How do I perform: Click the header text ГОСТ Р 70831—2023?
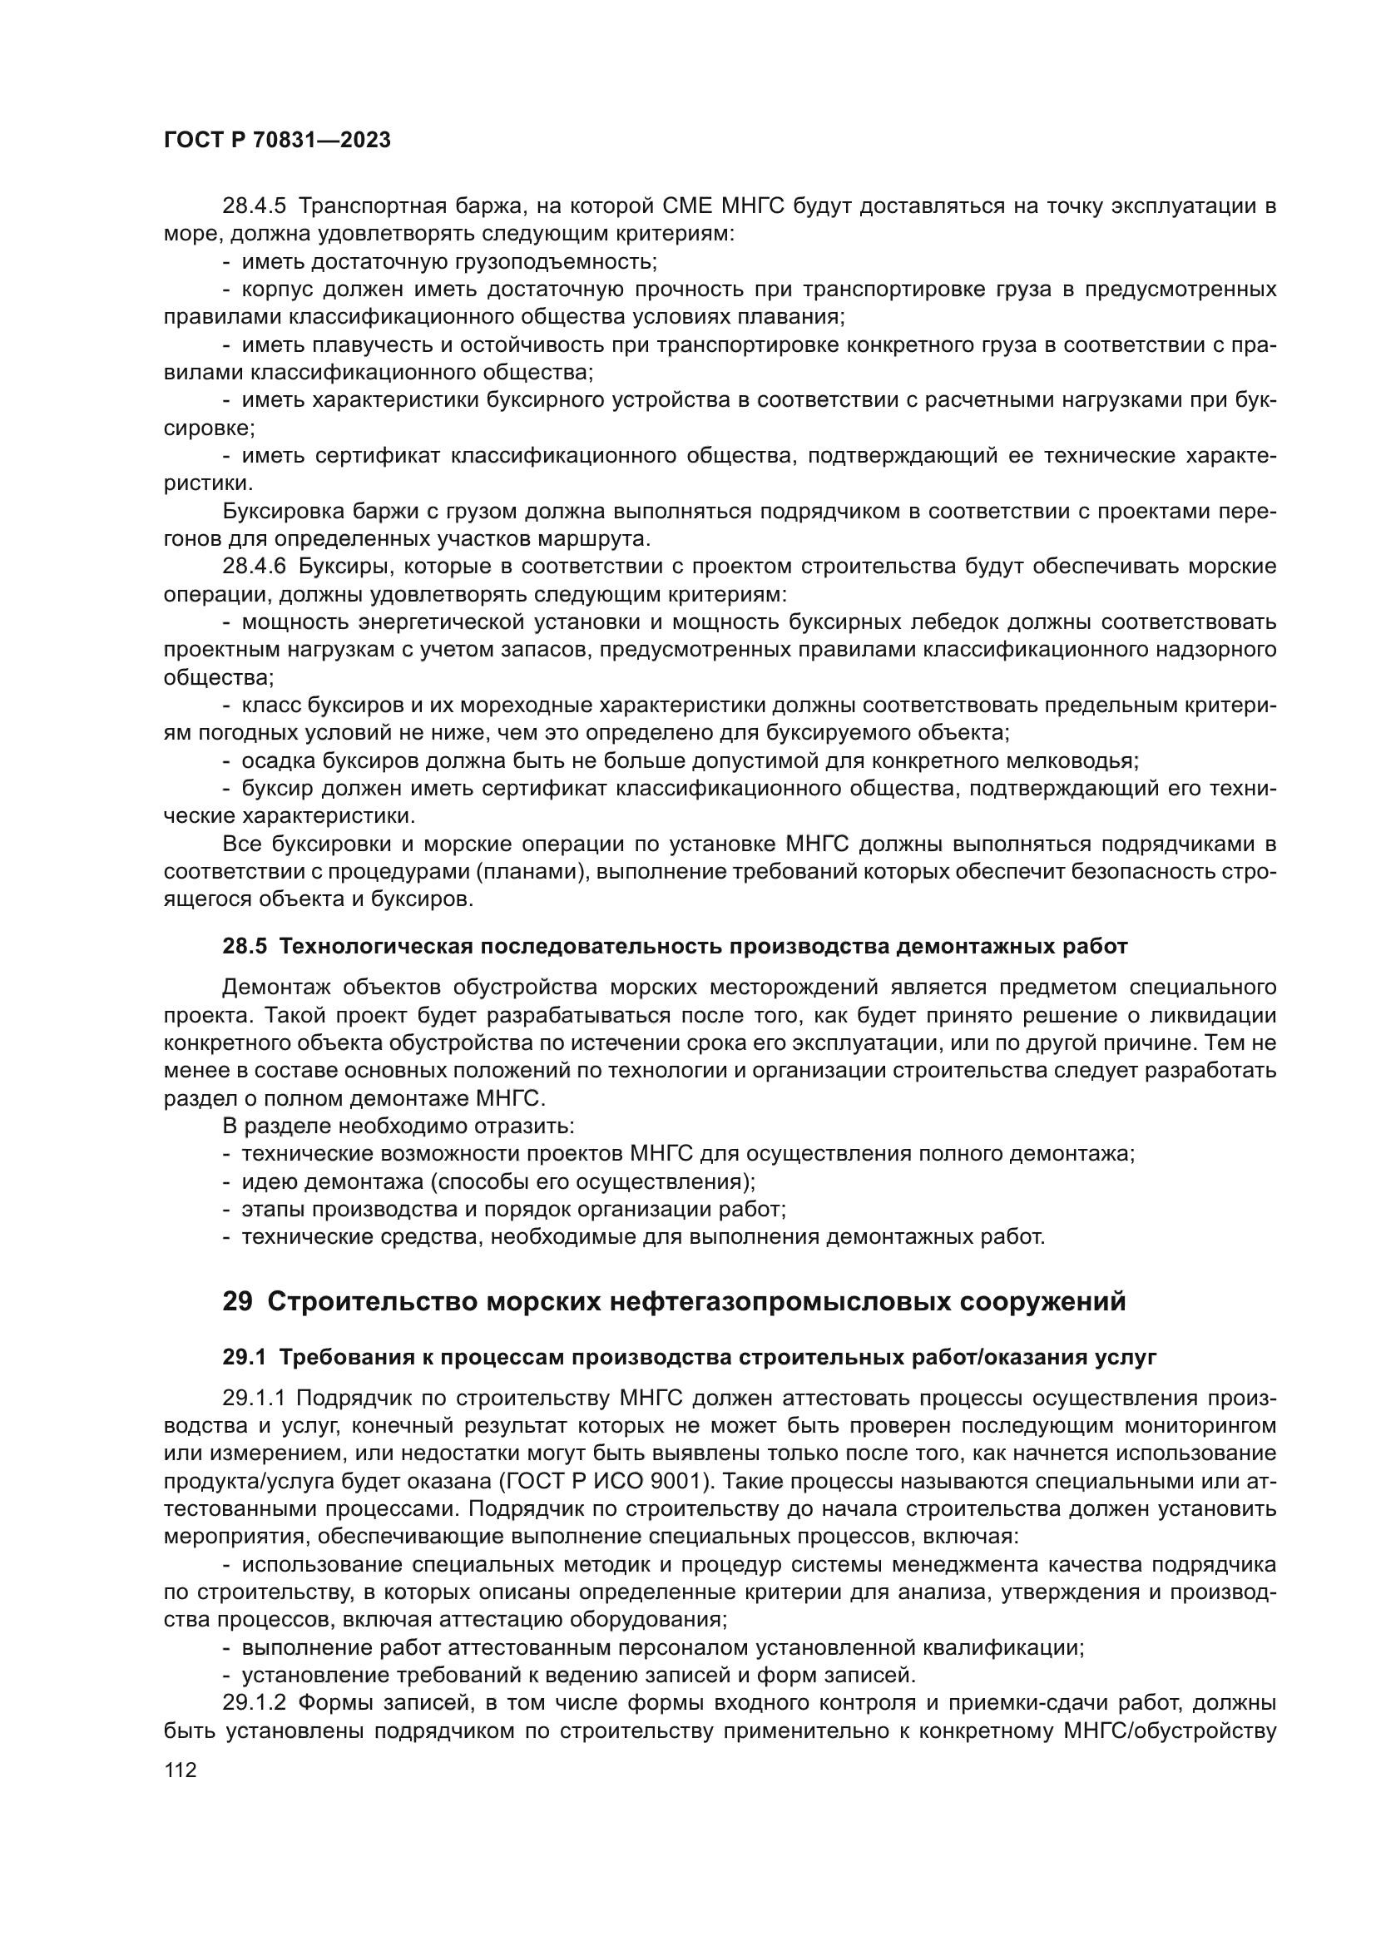[x=277, y=141]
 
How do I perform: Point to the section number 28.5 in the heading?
[x=245, y=947]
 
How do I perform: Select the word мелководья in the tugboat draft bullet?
[x=1072, y=761]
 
